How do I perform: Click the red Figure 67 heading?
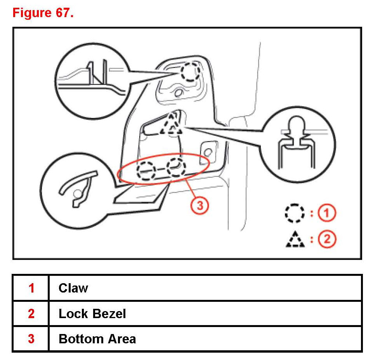(x=43, y=13)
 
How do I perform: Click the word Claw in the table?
(x=73, y=288)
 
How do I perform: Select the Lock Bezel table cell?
(x=92, y=313)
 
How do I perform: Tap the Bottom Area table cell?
(x=97, y=339)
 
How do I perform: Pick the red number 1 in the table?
(x=31, y=288)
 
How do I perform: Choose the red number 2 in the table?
(x=31, y=313)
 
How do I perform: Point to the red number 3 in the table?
(x=31, y=339)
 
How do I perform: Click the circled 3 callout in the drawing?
(x=200, y=206)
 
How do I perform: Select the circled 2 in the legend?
(x=327, y=239)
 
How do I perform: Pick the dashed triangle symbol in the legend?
(x=293, y=240)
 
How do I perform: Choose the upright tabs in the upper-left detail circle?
(x=96, y=73)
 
